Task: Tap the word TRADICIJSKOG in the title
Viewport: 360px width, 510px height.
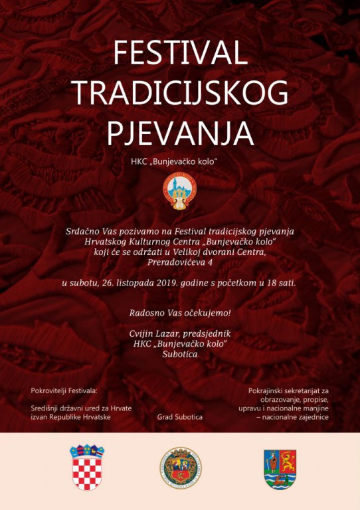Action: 179,93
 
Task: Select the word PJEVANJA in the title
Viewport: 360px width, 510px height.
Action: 179,131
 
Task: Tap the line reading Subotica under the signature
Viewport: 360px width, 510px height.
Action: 179,354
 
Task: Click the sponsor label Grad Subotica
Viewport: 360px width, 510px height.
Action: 179,417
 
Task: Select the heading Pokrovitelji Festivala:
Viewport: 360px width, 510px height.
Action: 64,390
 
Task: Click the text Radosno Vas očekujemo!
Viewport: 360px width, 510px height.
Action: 179,312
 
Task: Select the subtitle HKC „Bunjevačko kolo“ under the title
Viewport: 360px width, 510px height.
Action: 179,162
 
